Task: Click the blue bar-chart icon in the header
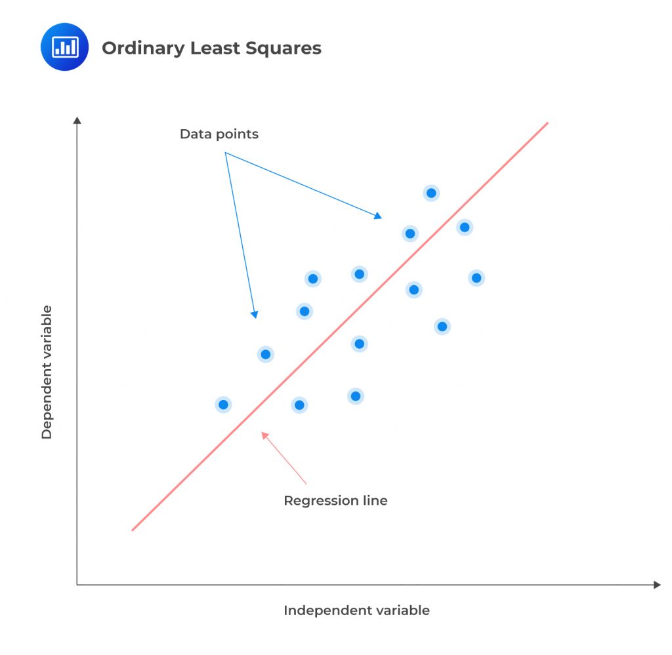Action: (64, 47)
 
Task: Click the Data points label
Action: (219, 134)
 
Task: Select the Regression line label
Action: (335, 501)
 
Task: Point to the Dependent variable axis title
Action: (47, 372)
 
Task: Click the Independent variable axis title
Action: (356, 610)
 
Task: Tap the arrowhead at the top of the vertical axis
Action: (77, 120)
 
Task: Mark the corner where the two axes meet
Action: (77, 584)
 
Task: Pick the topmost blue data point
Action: (431, 193)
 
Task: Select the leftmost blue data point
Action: (223, 405)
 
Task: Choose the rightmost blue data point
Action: (476, 278)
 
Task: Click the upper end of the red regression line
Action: (547, 123)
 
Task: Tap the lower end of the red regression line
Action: (132, 530)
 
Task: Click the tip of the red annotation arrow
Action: (262, 432)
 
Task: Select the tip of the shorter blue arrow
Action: (255, 318)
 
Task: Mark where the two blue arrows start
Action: (225, 153)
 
